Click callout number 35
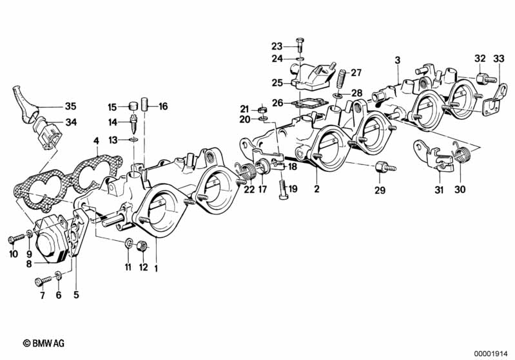pos(71,106)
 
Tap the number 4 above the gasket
pos(96,141)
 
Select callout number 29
pos(380,191)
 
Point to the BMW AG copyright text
pos(44,343)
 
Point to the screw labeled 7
pos(43,281)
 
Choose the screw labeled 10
pos(16,238)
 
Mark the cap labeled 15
pos(133,106)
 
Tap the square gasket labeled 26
pos(310,104)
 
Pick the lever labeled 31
pos(434,155)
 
